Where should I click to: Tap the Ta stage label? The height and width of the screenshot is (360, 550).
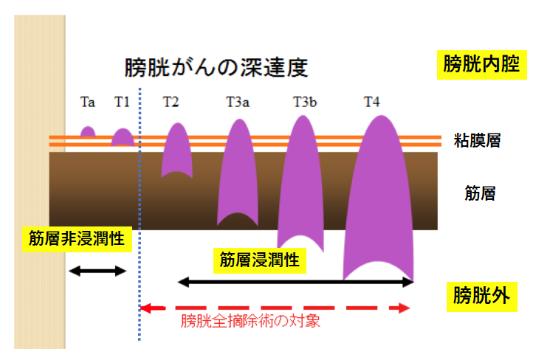click(x=87, y=102)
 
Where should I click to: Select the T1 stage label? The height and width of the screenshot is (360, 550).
click(x=122, y=102)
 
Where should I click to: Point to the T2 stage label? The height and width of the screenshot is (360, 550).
click(x=171, y=102)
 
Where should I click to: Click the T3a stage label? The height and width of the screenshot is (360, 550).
click(x=238, y=102)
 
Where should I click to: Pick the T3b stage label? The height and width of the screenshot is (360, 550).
click(x=305, y=102)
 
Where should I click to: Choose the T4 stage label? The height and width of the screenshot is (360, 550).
click(x=372, y=102)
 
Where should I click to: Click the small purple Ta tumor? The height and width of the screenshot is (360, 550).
click(x=88, y=132)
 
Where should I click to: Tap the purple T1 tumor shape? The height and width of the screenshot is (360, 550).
click(x=123, y=137)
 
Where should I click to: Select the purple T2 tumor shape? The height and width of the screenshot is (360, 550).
click(x=176, y=151)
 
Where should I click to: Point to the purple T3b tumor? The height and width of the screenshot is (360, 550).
click(x=300, y=184)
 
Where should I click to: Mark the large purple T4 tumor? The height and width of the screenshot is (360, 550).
click(x=379, y=199)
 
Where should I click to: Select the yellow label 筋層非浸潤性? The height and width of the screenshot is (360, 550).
click(x=76, y=240)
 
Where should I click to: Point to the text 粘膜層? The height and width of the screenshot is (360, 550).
click(x=478, y=140)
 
